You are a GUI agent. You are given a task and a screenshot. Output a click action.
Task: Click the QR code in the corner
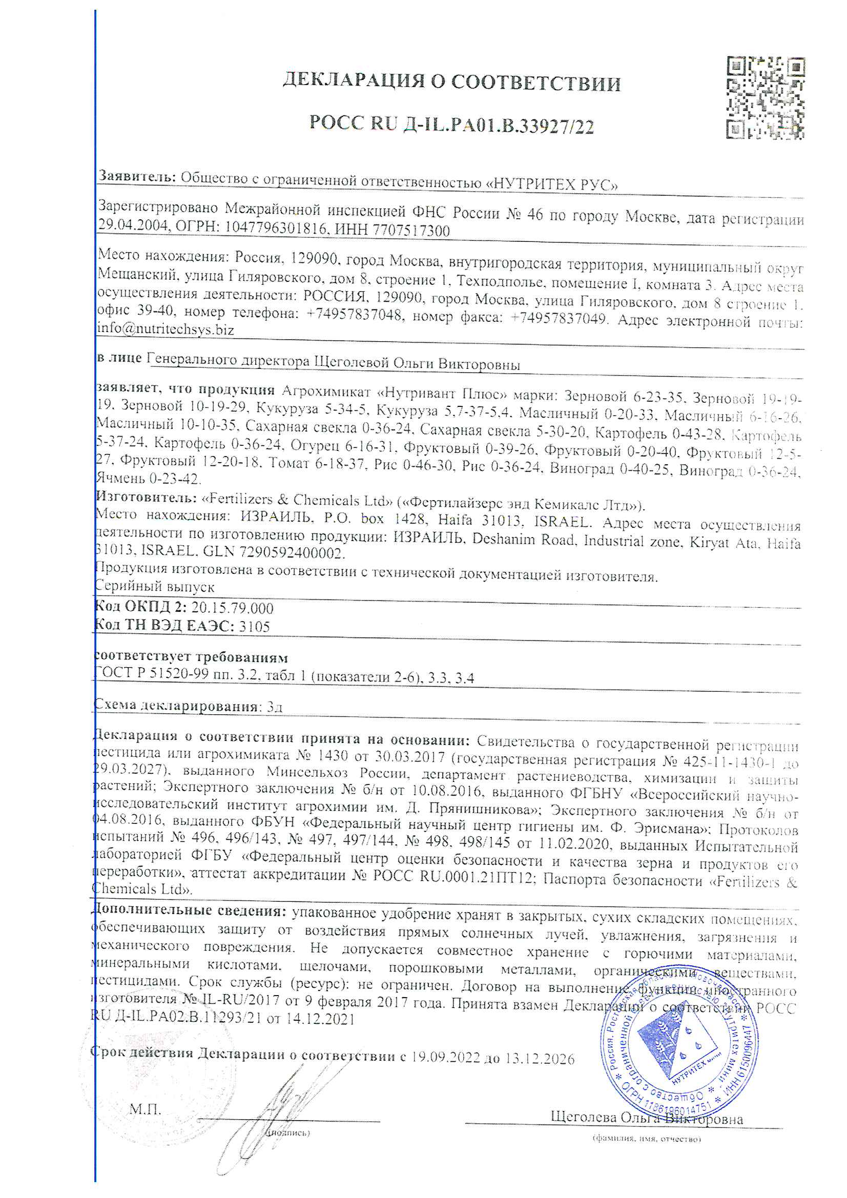pos(765,97)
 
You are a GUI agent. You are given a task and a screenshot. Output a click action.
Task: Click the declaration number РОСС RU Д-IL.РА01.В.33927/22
pos(452,125)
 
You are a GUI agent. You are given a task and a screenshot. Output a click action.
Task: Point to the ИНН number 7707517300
pos(411,230)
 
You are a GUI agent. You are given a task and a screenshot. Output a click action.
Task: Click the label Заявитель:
pos(137,176)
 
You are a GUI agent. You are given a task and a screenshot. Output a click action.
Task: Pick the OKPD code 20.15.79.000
pos(232,608)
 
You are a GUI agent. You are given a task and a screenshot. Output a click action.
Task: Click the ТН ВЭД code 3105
pos(254,626)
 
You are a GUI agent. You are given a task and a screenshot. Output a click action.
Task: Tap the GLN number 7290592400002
pos(292,552)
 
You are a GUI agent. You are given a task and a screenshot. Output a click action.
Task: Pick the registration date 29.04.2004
pos(133,225)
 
